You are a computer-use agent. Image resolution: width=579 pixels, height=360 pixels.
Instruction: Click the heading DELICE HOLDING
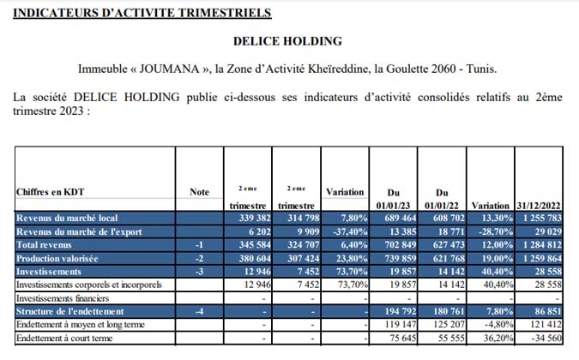pyautogui.click(x=287, y=41)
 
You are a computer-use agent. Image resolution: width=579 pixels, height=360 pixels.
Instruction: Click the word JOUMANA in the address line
pyautogui.click(x=170, y=69)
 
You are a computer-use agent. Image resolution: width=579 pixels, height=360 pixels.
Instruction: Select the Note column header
pyautogui.click(x=199, y=192)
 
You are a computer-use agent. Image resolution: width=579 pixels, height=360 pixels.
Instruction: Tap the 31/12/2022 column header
pyautogui.click(x=539, y=206)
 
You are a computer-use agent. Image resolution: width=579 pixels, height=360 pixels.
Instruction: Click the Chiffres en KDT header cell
pyautogui.click(x=51, y=192)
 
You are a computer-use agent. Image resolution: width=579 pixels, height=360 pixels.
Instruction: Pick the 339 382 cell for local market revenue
pyautogui.click(x=255, y=218)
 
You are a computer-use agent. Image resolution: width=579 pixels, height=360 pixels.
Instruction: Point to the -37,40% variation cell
pyautogui.click(x=350, y=231)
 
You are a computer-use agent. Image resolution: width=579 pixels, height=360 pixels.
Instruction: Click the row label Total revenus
pyautogui.click(x=44, y=245)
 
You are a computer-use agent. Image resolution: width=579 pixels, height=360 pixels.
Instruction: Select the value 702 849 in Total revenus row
pyautogui.click(x=401, y=245)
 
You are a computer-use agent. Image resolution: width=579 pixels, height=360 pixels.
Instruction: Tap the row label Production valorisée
pyautogui.click(x=57, y=259)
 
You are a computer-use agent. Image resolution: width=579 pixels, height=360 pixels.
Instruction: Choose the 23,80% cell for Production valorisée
pyautogui.click(x=352, y=259)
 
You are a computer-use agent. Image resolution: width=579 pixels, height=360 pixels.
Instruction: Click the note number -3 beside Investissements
pyautogui.click(x=199, y=272)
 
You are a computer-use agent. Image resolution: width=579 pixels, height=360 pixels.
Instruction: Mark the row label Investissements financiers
pyautogui.click(x=63, y=298)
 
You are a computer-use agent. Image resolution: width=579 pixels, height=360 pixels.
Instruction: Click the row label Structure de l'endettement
pyautogui.click(x=70, y=311)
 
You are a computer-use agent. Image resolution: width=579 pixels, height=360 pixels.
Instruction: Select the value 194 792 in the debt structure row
pyautogui.click(x=401, y=311)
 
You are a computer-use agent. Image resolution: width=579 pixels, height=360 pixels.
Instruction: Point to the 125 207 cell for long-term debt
pyautogui.click(x=449, y=325)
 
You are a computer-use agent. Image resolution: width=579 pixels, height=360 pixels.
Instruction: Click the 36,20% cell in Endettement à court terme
pyautogui.click(x=498, y=338)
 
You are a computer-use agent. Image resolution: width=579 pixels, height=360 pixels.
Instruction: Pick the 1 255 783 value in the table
pyautogui.click(x=542, y=218)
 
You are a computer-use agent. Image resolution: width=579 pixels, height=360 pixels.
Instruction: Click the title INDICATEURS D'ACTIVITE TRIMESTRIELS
pyautogui.click(x=142, y=13)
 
